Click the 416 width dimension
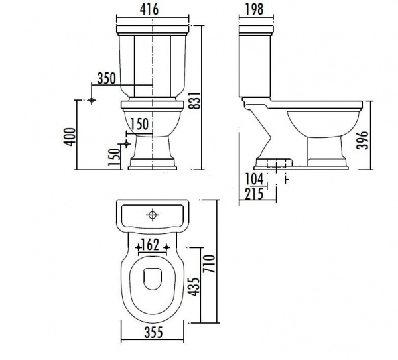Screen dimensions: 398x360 point(149,10)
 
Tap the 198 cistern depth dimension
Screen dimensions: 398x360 point(255,10)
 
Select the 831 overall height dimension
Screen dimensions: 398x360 point(196,101)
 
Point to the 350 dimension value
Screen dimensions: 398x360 point(107,78)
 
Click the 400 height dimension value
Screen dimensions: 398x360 point(70,137)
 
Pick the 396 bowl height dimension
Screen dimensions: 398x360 point(362,140)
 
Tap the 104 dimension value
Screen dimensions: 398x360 point(254,180)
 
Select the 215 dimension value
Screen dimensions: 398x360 point(254,194)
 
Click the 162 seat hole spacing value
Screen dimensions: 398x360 point(151,245)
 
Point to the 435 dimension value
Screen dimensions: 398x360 point(194,286)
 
